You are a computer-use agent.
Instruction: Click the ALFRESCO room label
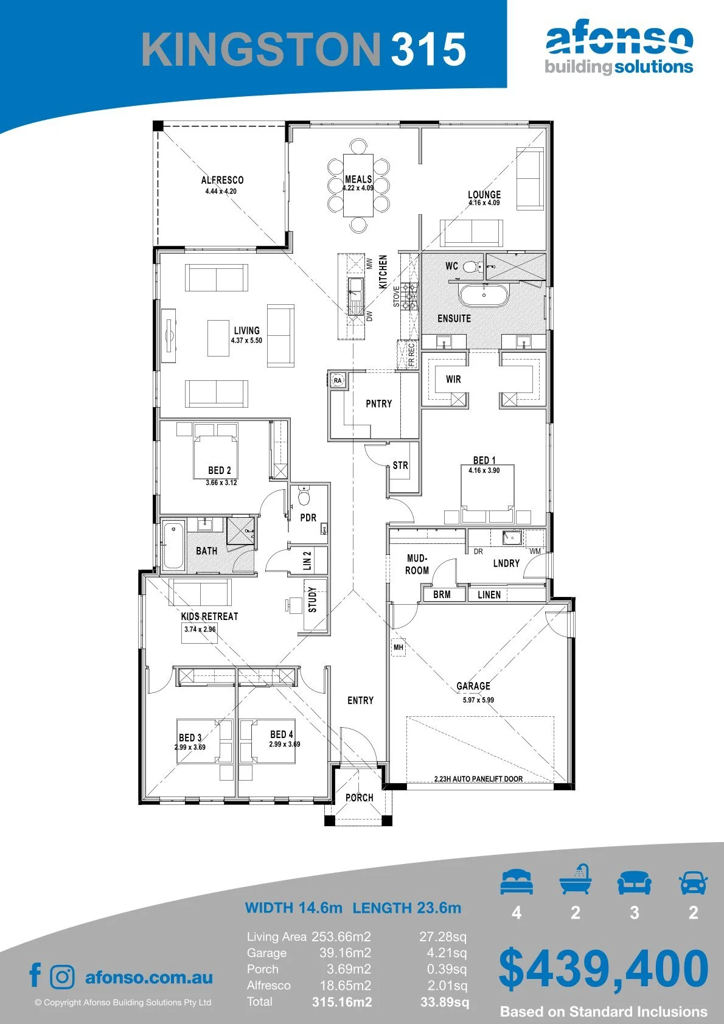[222, 180]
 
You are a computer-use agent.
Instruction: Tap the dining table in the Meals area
[358, 186]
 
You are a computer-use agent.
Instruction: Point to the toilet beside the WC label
[473, 266]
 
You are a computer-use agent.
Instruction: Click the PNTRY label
[379, 403]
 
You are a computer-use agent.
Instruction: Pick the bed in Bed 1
[487, 493]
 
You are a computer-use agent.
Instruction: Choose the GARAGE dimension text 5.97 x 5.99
[478, 700]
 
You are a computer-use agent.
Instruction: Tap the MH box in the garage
[398, 647]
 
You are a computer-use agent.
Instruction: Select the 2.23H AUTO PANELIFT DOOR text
[479, 779]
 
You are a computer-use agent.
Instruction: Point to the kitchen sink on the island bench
[355, 297]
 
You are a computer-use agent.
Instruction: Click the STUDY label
[313, 600]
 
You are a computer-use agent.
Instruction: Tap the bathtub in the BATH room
[173, 546]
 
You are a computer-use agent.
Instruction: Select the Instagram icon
[62, 977]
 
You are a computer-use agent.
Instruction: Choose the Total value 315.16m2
[342, 1002]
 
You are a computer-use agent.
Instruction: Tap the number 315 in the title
[428, 49]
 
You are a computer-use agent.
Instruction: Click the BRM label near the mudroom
[442, 594]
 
